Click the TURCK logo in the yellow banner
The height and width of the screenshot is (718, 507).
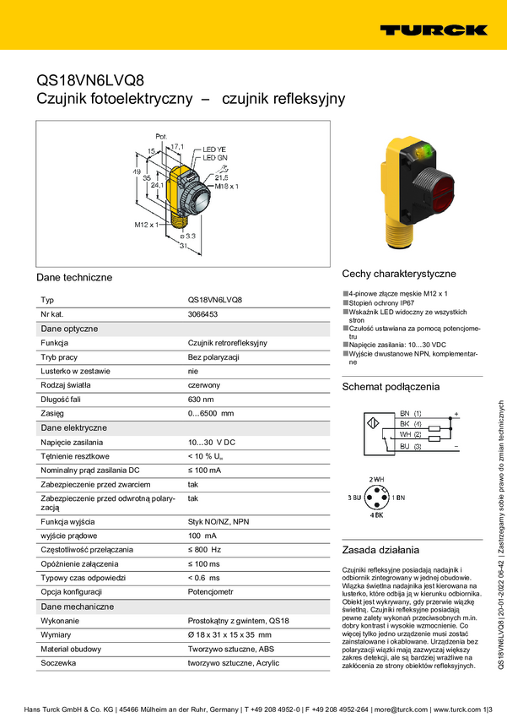433,30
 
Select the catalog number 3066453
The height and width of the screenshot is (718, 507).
202,314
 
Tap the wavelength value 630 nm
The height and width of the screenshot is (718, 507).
201,400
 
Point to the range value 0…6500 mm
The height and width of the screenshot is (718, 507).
210,414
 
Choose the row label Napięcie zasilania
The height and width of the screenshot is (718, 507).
72,442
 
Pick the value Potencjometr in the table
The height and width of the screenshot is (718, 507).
210,592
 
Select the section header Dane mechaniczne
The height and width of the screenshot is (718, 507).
78,606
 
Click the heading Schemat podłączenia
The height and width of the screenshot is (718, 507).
390,387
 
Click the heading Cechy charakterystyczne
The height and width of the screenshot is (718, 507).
398,274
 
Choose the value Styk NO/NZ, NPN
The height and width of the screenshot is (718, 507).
218,522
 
